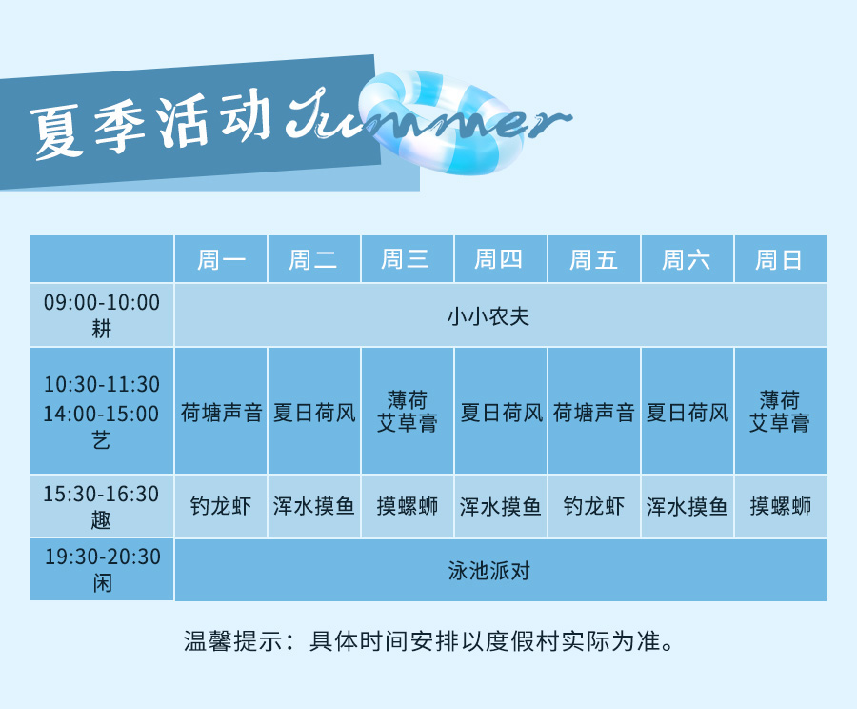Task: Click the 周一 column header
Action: (221, 259)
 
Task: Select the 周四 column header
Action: (500, 259)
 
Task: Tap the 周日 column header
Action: (780, 259)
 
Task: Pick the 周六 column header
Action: (687, 259)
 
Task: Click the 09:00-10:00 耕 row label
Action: (102, 315)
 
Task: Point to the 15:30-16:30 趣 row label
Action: (102, 507)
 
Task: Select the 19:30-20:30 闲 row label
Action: (102, 570)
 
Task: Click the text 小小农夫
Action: (488, 316)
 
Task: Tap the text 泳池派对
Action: (488, 571)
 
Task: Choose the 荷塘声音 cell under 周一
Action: (221, 412)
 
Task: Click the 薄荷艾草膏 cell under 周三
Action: (408, 411)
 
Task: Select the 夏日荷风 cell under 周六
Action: (687, 412)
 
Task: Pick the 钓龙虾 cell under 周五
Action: (593, 506)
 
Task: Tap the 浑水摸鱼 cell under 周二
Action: (313, 506)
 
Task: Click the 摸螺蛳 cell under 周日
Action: (780, 506)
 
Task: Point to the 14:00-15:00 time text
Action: (102, 414)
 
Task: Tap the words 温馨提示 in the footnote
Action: (233, 641)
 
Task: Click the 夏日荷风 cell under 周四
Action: (500, 412)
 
